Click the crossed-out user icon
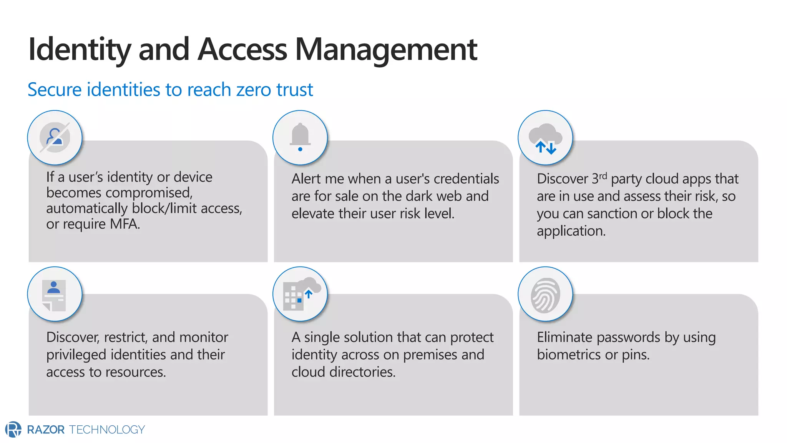pyautogui.click(x=55, y=137)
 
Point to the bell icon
pyautogui.click(x=300, y=137)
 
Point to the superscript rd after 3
pyautogui.click(x=603, y=176)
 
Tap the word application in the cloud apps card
pyautogui.click(x=571, y=231)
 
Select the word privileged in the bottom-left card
pyautogui.click(x=76, y=355)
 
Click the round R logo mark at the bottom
pyautogui.click(x=13, y=429)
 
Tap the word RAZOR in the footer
pyautogui.click(x=46, y=430)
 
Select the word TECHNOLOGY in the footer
pyautogui.click(x=107, y=430)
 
